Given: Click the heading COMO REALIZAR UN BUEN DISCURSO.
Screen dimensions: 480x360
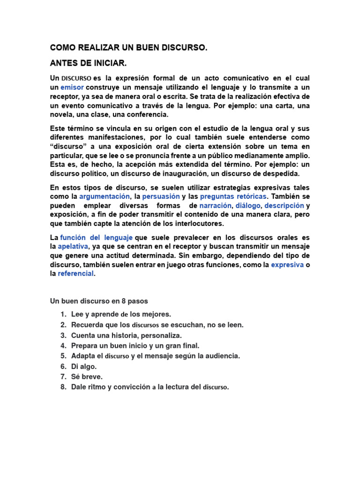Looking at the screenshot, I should point(128,48).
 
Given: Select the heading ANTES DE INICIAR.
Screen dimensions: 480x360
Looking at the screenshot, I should point(89,63).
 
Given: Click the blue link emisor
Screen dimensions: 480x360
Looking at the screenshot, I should point(72,87).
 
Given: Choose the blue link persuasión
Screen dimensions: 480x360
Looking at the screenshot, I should point(161,196).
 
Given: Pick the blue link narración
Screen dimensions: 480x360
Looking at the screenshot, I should point(216,205).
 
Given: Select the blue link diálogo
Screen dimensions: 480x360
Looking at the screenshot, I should point(248,205).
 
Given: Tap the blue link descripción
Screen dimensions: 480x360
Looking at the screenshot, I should point(285,205).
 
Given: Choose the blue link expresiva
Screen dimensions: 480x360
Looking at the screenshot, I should point(287,265).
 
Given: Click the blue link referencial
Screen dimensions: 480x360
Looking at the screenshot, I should point(76,274).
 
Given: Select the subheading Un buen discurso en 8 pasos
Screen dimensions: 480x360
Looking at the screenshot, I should point(99,300).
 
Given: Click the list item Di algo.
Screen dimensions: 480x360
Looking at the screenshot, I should point(84,366).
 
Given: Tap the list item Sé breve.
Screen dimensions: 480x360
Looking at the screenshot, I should point(87,376).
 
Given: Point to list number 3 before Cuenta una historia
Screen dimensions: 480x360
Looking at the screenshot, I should point(63,335).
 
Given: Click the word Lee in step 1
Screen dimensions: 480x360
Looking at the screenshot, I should point(77,314).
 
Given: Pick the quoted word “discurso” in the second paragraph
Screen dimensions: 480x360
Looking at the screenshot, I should point(67,146).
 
